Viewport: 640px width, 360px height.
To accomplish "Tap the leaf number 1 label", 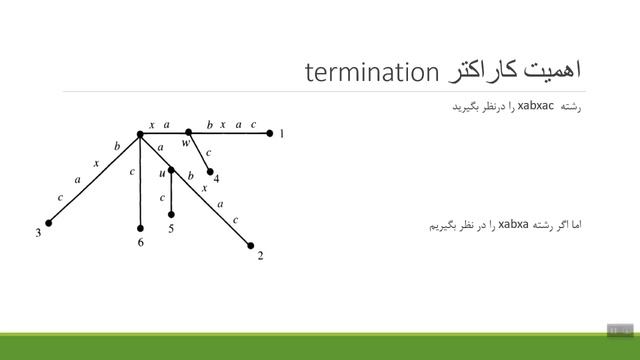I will (x=282, y=133).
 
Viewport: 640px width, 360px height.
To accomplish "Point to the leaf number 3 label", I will (x=38, y=234).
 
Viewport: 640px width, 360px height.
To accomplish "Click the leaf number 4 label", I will (x=217, y=179).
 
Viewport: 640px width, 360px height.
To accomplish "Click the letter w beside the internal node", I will (x=185, y=143).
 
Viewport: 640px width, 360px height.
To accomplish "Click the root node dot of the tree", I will (x=141, y=132).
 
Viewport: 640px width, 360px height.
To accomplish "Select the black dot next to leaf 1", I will (x=270, y=132).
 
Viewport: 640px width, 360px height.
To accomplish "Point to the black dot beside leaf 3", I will (x=46, y=223).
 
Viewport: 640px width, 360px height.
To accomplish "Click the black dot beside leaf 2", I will (x=250, y=244).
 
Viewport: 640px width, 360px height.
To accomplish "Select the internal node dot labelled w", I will (x=188, y=132).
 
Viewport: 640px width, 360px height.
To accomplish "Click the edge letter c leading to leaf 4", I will (x=208, y=153).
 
